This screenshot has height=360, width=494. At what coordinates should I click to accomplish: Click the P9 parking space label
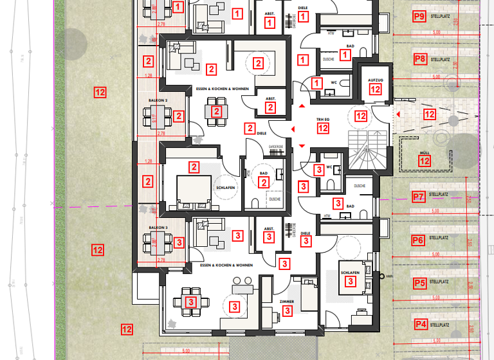click(x=419, y=16)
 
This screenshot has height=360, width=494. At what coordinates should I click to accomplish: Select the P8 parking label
click(x=419, y=59)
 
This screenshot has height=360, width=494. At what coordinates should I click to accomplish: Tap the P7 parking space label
click(x=418, y=197)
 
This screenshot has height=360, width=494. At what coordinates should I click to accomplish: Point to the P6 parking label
click(x=418, y=240)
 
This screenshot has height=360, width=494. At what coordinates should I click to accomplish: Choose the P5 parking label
click(x=419, y=282)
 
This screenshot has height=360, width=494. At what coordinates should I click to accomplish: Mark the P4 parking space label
click(x=421, y=324)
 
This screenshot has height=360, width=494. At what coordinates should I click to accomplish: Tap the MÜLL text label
click(x=425, y=153)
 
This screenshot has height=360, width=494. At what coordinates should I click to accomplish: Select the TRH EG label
click(x=322, y=120)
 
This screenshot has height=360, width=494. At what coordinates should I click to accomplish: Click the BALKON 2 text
click(x=158, y=101)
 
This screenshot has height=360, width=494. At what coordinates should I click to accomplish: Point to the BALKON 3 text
click(x=158, y=228)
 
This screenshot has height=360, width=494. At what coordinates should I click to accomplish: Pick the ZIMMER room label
click(x=287, y=301)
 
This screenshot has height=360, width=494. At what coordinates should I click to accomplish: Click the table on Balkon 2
click(x=158, y=116)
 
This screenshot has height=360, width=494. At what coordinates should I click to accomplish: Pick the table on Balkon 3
click(x=158, y=242)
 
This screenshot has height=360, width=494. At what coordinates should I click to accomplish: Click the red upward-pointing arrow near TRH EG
click(x=302, y=105)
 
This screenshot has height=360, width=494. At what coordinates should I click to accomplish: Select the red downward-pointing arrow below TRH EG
click(x=302, y=147)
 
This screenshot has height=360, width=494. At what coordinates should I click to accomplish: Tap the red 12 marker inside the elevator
click(x=375, y=90)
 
